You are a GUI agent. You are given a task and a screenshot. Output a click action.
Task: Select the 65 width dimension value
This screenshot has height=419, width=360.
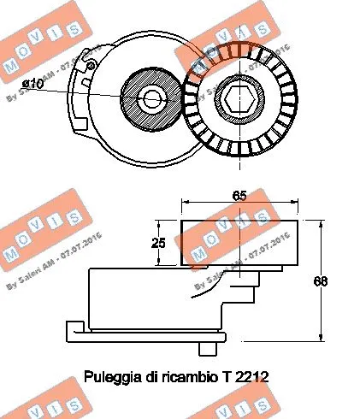[241, 195]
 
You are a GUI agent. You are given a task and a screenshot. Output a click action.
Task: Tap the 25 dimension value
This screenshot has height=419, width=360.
[158, 243]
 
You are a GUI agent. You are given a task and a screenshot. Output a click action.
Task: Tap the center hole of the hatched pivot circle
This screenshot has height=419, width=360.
[152, 98]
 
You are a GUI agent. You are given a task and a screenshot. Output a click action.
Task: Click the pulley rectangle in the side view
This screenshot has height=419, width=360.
[239, 243]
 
